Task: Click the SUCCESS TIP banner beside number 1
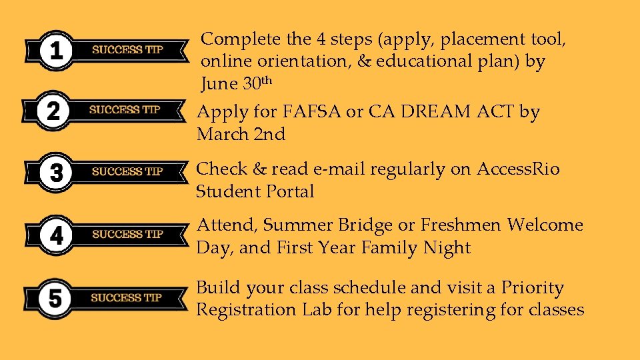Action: tap(127, 49)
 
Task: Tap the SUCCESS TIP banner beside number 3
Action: tap(127, 171)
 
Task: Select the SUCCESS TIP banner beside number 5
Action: tap(127, 297)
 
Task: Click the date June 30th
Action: tap(237, 83)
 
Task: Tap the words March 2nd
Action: tap(241, 135)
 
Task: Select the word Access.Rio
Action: tap(518, 169)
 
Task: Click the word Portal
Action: tap(290, 192)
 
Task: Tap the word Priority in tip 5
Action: tap(533, 289)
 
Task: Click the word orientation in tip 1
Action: tap(299, 61)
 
